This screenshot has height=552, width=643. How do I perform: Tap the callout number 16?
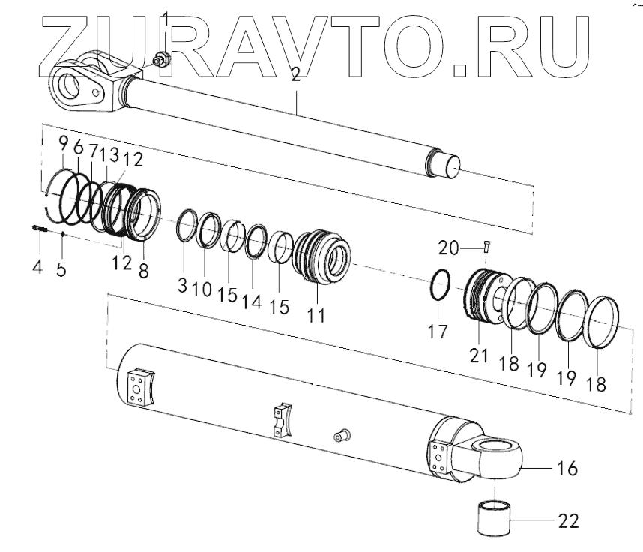pos(567,469)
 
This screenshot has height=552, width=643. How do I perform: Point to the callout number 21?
pos(480,355)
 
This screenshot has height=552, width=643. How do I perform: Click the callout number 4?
pos(37,265)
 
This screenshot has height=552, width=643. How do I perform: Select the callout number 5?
pos(62,267)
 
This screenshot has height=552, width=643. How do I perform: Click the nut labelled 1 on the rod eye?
pos(160,58)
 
